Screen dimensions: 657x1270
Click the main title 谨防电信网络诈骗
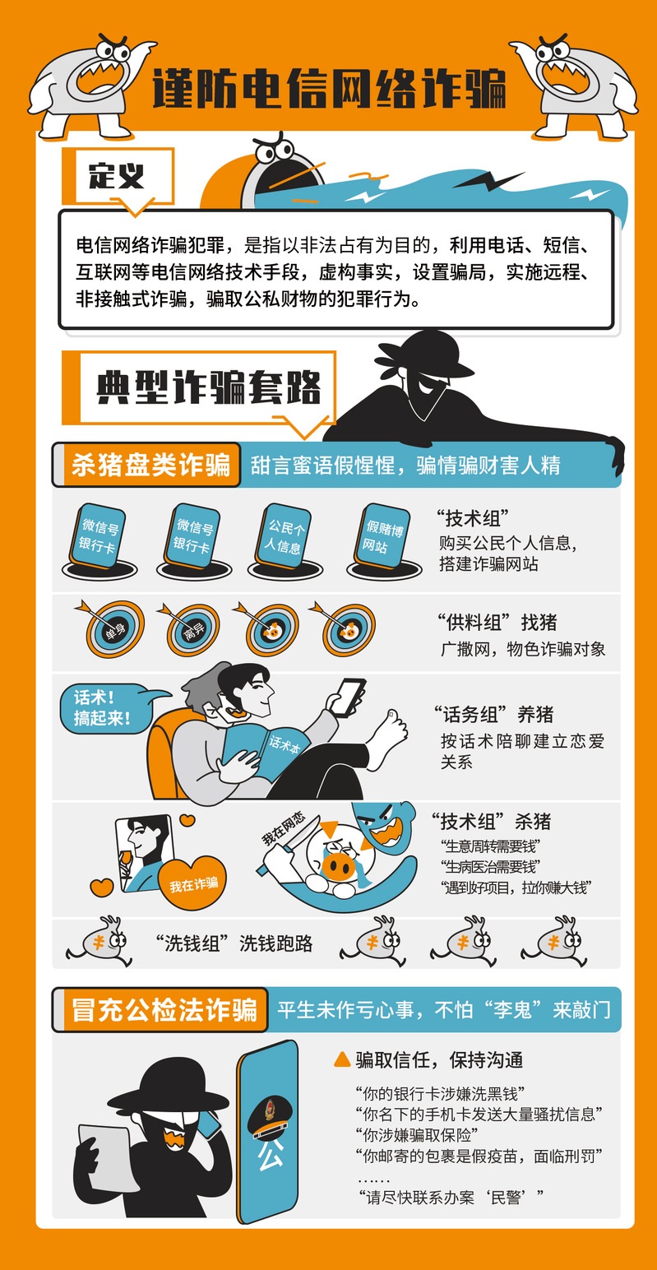tap(329, 89)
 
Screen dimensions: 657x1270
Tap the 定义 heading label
tap(117, 176)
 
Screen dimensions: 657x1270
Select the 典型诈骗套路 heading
tap(209, 387)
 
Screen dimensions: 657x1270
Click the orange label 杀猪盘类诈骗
tap(150, 465)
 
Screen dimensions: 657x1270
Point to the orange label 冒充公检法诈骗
tap(164, 1009)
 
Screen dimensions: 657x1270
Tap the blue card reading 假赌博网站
tap(382, 536)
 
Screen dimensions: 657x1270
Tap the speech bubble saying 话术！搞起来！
tap(105, 708)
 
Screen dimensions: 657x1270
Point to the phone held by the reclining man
tap(348, 697)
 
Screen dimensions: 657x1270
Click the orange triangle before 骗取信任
tap(342, 1059)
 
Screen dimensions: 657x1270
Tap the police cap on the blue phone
tap(269, 1117)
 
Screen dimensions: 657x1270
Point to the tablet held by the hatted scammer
tap(107, 1156)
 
